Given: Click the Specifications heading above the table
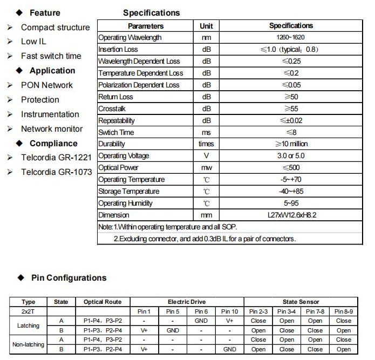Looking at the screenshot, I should (x=151, y=12).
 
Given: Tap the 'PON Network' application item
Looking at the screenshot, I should (x=46, y=85).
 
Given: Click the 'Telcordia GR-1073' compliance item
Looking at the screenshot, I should (x=56, y=172).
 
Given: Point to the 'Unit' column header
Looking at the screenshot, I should (x=206, y=26).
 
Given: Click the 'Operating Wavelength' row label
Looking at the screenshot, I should (x=129, y=38).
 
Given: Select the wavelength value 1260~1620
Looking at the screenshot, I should (x=291, y=38).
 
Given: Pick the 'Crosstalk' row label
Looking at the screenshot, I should (x=112, y=108).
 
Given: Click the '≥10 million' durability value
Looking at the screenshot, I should (x=291, y=144).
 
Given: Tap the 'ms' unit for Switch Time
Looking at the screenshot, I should (x=206, y=132).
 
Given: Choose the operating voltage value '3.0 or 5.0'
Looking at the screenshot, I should (x=291, y=156).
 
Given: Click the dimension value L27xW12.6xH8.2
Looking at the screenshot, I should (x=291, y=215).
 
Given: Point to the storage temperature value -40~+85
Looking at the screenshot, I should (x=291, y=192).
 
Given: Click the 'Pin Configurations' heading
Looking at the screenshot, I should (x=69, y=278).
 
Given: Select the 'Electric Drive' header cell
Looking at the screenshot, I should (x=187, y=302).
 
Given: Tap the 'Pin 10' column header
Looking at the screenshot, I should (x=229, y=311).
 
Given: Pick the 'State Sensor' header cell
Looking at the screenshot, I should (x=301, y=302).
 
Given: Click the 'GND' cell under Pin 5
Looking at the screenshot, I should (x=173, y=330).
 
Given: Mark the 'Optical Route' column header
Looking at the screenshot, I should (x=103, y=302).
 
